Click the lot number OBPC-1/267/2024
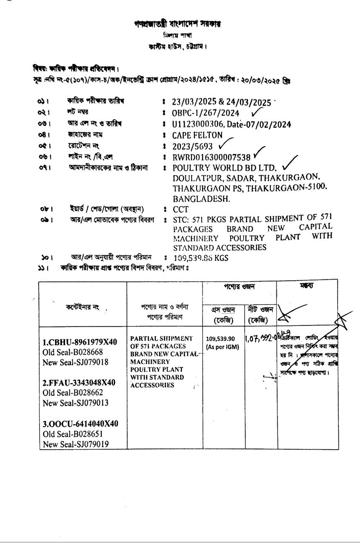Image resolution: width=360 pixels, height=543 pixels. point(205,113)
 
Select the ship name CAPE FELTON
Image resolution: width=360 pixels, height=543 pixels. point(197,135)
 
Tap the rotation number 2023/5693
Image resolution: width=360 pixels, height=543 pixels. point(192,146)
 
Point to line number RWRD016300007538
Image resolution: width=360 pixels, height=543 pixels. point(211,157)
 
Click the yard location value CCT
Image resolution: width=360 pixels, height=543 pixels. point(180,209)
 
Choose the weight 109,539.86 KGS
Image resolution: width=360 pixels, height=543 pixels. point(201,258)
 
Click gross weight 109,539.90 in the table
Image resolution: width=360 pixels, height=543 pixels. point(220,339)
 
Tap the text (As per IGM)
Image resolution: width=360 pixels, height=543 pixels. point(222,347)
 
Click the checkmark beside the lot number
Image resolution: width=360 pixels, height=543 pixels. point(257,112)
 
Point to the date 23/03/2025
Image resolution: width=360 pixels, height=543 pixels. point(194,102)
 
